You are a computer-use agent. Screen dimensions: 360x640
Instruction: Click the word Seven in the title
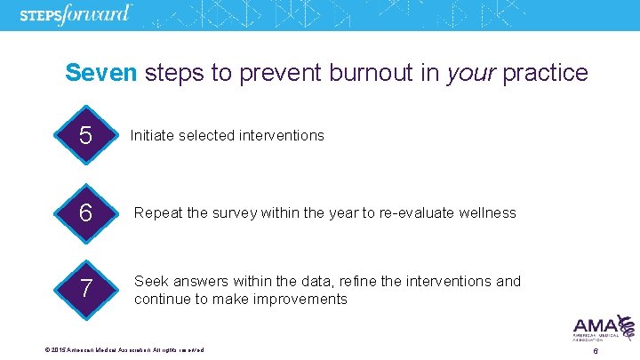(x=101, y=73)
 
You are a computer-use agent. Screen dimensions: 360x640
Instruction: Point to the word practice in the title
(x=545, y=73)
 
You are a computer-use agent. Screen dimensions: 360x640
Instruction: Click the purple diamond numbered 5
(x=85, y=136)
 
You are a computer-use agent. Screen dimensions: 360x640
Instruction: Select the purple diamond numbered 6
(x=85, y=213)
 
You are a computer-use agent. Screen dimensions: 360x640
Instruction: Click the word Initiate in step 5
(x=152, y=136)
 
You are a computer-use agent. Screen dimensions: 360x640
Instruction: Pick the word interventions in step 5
(x=284, y=136)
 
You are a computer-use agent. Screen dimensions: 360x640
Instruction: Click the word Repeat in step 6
(x=156, y=213)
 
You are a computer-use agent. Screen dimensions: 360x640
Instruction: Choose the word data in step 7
(x=294, y=282)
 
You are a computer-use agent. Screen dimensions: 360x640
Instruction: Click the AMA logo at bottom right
(x=603, y=329)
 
